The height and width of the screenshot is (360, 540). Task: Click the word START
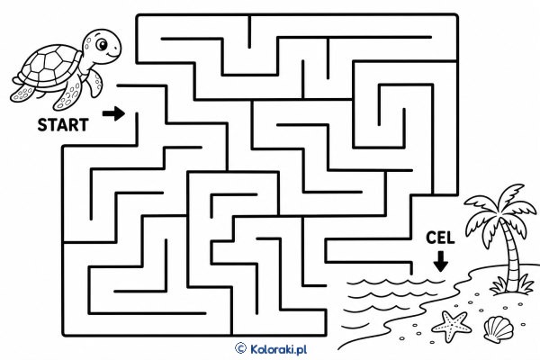click(63, 125)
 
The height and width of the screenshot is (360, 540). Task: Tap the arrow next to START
click(113, 113)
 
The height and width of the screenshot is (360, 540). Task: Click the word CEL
click(440, 238)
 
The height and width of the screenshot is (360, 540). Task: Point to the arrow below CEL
click(441, 262)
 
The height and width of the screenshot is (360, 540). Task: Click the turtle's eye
click(102, 44)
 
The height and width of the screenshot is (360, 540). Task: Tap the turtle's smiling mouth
click(112, 55)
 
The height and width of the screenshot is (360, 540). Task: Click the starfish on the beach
click(451, 326)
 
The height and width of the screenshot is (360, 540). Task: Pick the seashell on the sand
click(499, 329)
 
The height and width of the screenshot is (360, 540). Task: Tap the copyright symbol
click(240, 348)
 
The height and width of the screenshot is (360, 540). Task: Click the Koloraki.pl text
click(278, 349)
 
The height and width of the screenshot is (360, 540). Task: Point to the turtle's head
click(102, 47)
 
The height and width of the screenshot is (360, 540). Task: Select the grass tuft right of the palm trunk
click(525, 284)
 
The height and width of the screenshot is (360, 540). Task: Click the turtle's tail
click(16, 81)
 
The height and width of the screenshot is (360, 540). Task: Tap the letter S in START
click(42, 125)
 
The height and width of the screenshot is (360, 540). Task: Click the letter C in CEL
click(431, 238)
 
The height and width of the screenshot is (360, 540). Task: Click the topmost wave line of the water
click(396, 283)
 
